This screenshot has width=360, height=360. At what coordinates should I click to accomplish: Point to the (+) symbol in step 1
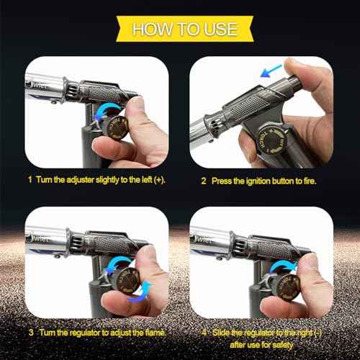(x=156, y=177)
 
